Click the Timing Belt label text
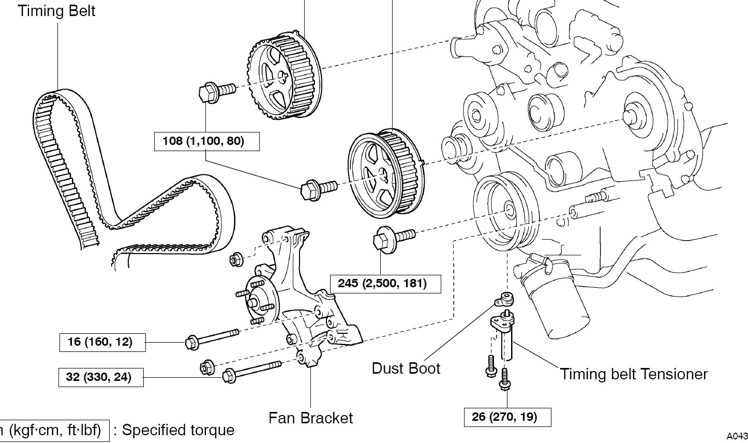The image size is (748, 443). [57, 11]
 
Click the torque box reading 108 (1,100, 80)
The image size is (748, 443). [206, 141]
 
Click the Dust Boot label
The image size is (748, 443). [406, 368]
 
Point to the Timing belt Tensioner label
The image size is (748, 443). [633, 374]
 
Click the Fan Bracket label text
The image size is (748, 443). [310, 418]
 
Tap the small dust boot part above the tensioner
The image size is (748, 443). [505, 299]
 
